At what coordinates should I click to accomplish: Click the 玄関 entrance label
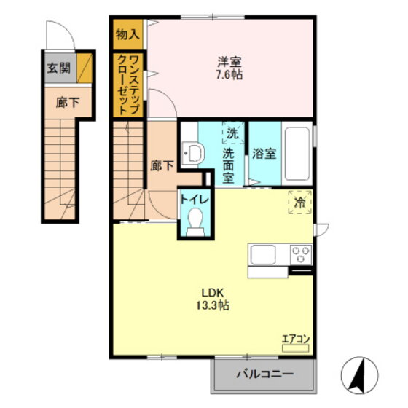(x=59, y=68)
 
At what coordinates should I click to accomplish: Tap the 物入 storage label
(x=127, y=34)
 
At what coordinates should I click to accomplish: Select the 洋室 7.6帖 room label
(x=229, y=68)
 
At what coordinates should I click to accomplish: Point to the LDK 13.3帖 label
(x=213, y=299)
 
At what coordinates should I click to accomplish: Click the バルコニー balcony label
(x=265, y=374)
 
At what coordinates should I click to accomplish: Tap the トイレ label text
(x=195, y=200)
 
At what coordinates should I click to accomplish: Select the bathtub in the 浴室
(x=297, y=153)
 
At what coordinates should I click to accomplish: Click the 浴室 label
(x=264, y=153)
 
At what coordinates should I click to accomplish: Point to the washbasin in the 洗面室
(x=193, y=153)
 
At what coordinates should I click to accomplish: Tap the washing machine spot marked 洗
(x=233, y=133)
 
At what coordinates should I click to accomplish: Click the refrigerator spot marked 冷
(x=300, y=203)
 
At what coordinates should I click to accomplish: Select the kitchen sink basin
(x=262, y=254)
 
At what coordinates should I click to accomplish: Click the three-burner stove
(x=301, y=254)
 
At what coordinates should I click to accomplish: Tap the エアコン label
(x=296, y=339)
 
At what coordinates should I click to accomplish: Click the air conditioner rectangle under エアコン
(x=296, y=348)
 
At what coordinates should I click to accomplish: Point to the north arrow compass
(x=359, y=375)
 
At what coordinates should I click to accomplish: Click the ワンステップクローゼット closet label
(x=127, y=85)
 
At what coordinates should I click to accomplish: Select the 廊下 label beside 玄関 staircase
(x=68, y=103)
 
